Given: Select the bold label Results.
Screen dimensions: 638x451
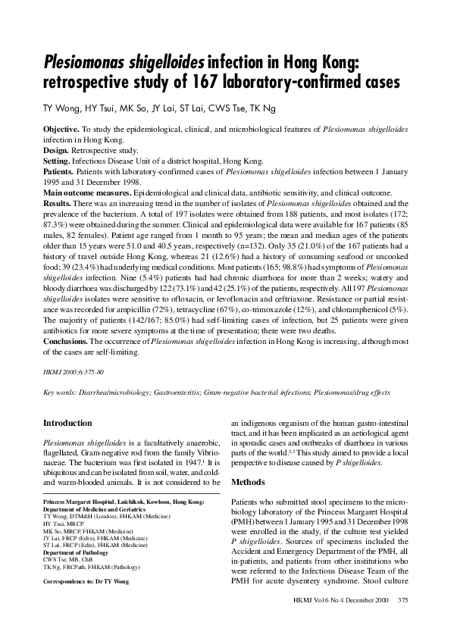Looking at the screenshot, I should tap(58, 204).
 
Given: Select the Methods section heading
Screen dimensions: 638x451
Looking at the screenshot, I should tap(249, 481).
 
